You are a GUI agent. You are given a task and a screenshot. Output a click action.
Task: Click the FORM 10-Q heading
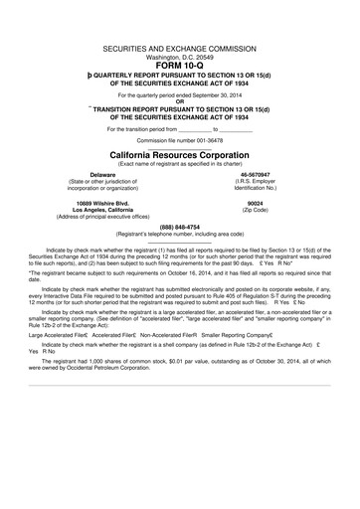(179, 68)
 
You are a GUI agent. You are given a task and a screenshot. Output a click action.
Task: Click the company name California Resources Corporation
(179, 156)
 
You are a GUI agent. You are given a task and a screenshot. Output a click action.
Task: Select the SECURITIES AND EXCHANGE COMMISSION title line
(179, 49)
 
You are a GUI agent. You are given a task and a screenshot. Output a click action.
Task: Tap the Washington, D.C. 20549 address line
(179, 58)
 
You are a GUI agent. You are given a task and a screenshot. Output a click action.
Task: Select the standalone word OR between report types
(179, 100)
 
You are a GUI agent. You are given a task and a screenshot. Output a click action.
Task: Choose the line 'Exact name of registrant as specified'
(179, 165)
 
